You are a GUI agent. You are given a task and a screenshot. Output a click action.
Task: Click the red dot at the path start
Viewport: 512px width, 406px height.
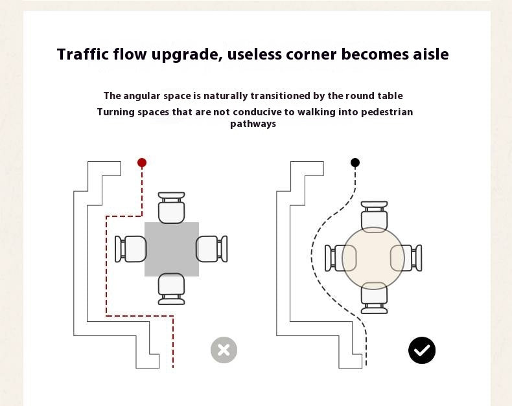point(142,163)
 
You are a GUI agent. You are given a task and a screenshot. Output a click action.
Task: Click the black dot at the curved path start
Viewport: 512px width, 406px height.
point(355,163)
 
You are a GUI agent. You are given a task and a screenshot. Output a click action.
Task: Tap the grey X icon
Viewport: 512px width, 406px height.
point(224,350)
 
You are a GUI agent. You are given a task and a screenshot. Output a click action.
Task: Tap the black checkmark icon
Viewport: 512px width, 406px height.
point(422,350)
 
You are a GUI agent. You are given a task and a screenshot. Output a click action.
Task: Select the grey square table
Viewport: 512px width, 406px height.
point(172,249)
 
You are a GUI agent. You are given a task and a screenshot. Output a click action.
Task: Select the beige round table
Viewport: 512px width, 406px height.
point(373,258)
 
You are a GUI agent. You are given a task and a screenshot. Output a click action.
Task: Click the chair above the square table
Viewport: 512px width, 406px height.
point(172,208)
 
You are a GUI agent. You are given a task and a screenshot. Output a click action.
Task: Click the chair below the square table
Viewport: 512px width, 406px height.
point(172,289)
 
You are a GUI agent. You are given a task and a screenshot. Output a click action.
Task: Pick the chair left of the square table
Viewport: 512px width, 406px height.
point(131,249)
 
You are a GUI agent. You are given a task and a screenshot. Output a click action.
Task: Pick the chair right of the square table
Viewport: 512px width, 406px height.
point(211,249)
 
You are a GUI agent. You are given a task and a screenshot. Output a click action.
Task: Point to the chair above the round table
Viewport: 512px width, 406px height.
point(374,217)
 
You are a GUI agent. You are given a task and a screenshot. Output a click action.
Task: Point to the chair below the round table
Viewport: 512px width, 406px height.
point(374,298)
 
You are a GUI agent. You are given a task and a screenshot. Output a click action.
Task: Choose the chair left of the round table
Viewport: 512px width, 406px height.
point(340,258)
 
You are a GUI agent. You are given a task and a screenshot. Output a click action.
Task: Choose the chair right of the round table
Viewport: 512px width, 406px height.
point(406,258)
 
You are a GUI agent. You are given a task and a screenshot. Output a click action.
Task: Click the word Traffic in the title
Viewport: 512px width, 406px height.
point(82,54)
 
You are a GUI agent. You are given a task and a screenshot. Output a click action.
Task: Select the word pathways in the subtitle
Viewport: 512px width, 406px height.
point(253,124)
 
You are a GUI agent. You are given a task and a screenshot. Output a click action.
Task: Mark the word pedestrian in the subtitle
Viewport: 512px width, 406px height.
point(387,112)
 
